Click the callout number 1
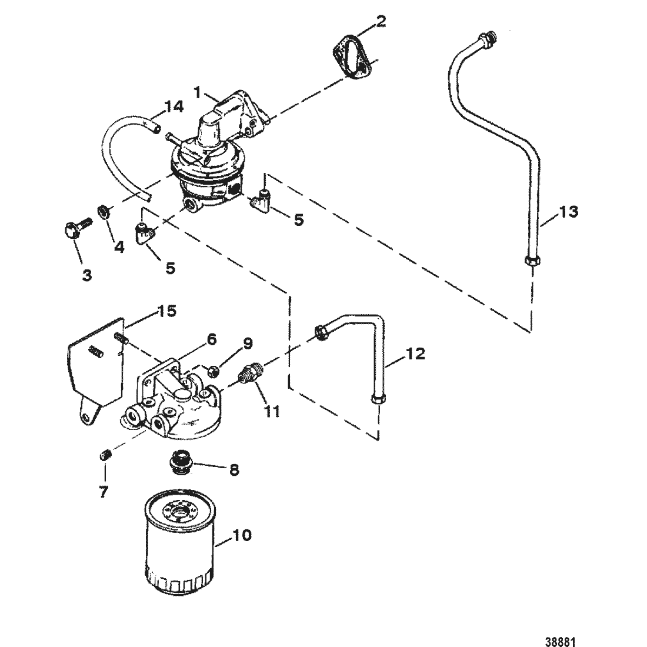pos(198,93)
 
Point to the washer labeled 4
pos(103,211)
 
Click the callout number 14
pos(174,107)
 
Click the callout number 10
pos(242,535)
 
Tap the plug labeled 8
pos(179,463)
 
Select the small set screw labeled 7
pos(106,456)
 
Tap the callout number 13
pos(569,212)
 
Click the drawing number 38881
pos(560,642)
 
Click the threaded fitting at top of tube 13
pos(488,38)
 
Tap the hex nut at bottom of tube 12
pos(379,399)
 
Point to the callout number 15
pos(166,311)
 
